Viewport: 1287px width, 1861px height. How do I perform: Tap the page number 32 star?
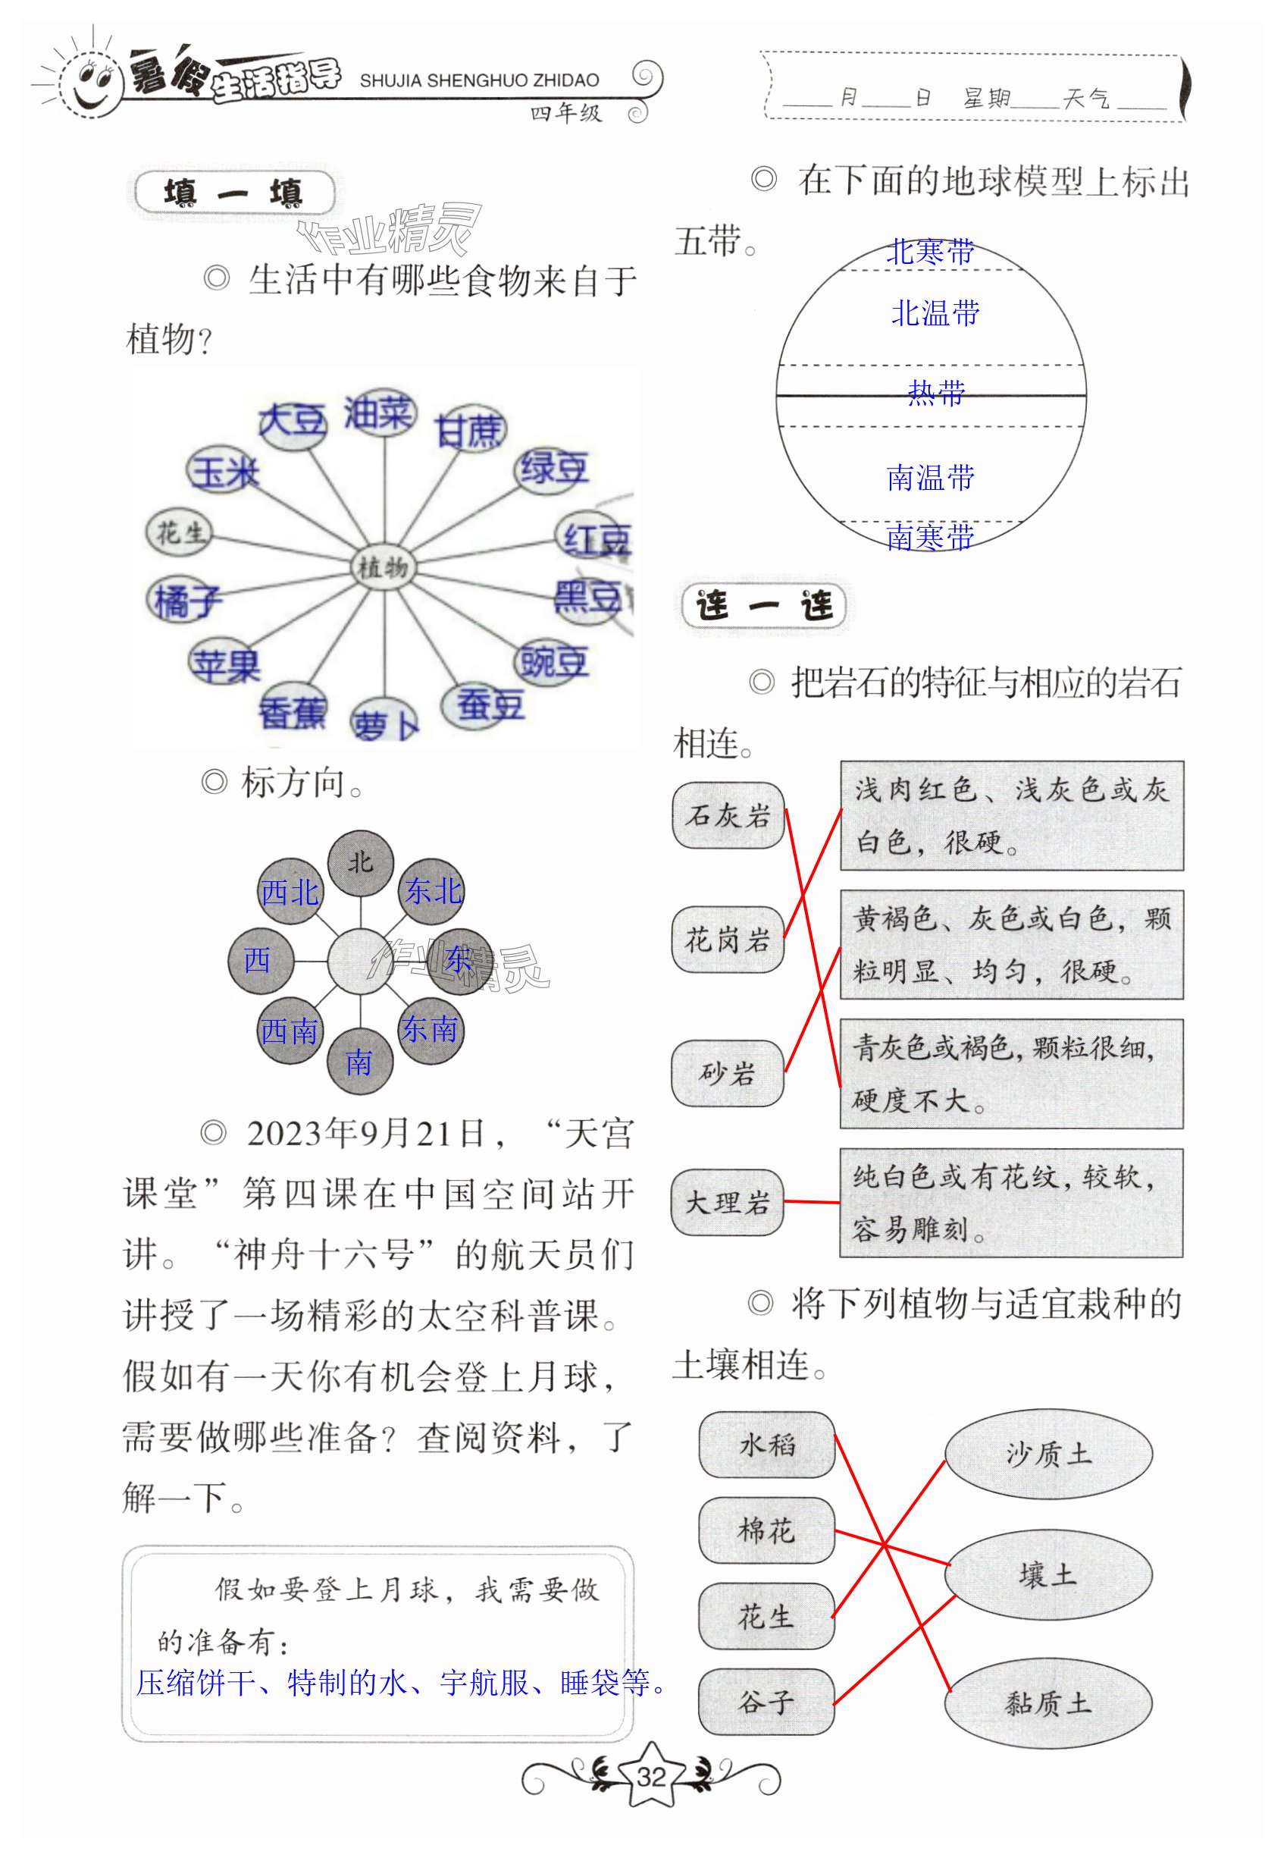651,1775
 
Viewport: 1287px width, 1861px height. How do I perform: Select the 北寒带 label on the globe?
931,252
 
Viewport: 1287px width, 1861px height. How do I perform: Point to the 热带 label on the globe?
935,393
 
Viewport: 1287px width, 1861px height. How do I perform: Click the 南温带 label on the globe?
931,478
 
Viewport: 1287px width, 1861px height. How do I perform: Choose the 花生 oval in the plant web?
179,532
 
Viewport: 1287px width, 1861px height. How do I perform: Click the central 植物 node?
382,567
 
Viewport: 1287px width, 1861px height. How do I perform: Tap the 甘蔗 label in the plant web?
469,430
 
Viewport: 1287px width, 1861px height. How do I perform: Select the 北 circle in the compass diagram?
361,863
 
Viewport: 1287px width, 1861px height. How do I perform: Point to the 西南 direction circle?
290,1031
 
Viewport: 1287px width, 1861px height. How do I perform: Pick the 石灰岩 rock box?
728,815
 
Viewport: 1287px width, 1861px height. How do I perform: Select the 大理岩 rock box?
728,1202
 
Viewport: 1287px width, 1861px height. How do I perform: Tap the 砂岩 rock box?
728,1073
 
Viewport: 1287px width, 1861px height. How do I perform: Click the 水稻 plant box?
766,1444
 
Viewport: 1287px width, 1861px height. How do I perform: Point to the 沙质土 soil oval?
1048,1454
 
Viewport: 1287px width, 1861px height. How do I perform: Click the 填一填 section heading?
234,193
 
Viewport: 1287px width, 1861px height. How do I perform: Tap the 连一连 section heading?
764,605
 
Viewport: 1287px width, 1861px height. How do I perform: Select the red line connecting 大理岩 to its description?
812,1202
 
